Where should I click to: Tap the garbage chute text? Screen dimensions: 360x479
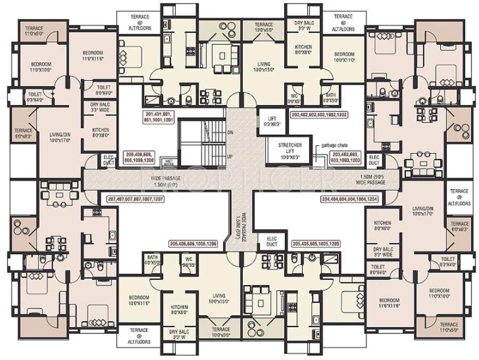[x=335, y=145]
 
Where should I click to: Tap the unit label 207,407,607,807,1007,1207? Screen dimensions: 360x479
[x=136, y=198]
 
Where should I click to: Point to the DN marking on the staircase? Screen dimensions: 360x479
[x=230, y=131]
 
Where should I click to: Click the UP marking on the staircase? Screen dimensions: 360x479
[x=230, y=156]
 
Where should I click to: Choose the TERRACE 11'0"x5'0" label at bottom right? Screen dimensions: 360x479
[x=449, y=326]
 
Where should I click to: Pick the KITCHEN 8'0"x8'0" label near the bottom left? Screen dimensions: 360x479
[x=179, y=310]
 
